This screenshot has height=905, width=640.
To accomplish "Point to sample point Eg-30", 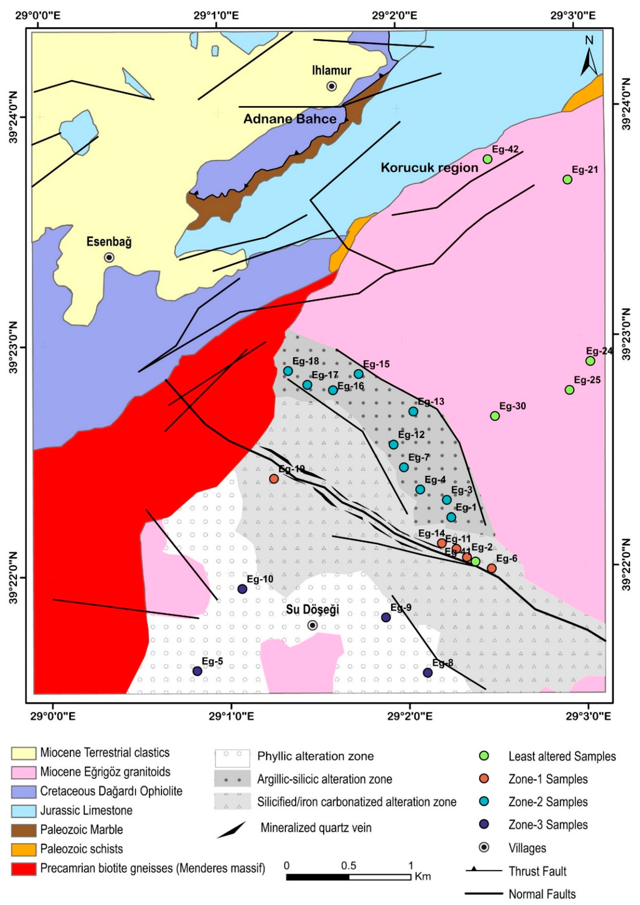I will click(495, 416).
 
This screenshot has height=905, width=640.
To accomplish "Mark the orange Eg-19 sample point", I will click(274, 479).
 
